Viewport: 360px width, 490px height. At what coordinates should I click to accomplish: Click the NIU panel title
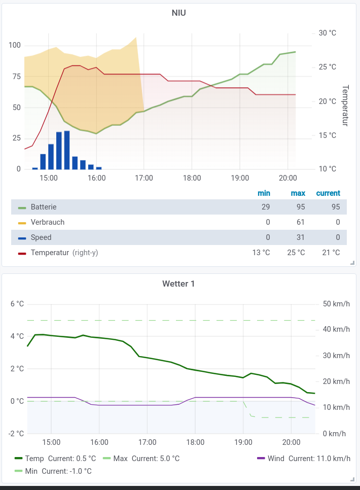pos(178,13)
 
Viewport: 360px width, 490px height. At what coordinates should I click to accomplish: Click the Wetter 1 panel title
pos(178,284)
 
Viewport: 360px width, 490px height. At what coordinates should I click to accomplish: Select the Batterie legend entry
pos(44,207)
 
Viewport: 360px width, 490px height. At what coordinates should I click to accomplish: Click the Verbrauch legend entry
pos(48,222)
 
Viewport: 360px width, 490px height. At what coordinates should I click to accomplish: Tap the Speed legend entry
pos(41,237)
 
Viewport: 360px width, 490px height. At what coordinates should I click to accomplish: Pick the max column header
pos(298,193)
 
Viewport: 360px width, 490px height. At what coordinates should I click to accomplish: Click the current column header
pos(328,193)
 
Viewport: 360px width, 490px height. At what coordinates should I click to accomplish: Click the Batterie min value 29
pos(266,207)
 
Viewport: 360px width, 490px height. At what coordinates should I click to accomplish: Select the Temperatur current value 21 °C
pos(331,253)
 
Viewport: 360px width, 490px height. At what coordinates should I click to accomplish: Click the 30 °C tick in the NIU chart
pos(327,33)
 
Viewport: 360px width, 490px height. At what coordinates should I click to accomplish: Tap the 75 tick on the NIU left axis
pos(15,77)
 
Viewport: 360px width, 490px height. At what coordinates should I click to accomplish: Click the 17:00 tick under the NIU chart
pos(144,178)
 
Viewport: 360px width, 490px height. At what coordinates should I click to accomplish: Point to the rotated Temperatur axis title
pos(345,106)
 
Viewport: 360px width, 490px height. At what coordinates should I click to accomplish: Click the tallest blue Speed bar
pos(67,150)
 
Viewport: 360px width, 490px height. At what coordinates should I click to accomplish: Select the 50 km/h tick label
pos(336,304)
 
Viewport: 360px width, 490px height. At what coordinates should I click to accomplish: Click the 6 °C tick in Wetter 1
pos(17,304)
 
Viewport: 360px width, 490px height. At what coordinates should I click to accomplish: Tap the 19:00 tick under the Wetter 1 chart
pos(243,442)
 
